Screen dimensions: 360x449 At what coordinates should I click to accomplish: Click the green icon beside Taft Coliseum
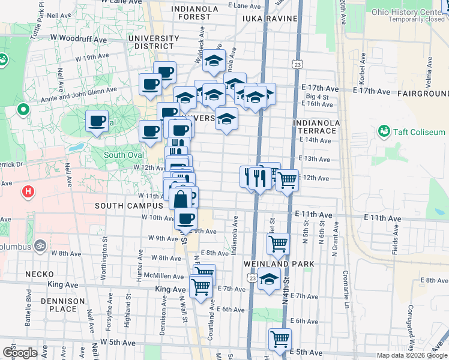pyautogui.click(x=384, y=131)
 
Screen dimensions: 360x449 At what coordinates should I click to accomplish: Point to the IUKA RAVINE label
pyautogui.click(x=270, y=19)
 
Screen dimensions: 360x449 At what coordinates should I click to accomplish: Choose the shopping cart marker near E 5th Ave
pyautogui.click(x=280, y=339)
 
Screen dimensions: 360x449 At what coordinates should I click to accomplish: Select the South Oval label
pyautogui.click(x=124, y=155)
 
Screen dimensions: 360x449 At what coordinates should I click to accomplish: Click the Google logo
pyautogui.click(x=20, y=353)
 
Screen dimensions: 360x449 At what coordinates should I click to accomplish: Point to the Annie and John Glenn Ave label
pyautogui.click(x=83, y=92)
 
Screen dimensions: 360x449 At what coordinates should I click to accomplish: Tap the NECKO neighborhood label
pyautogui.click(x=40, y=274)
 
